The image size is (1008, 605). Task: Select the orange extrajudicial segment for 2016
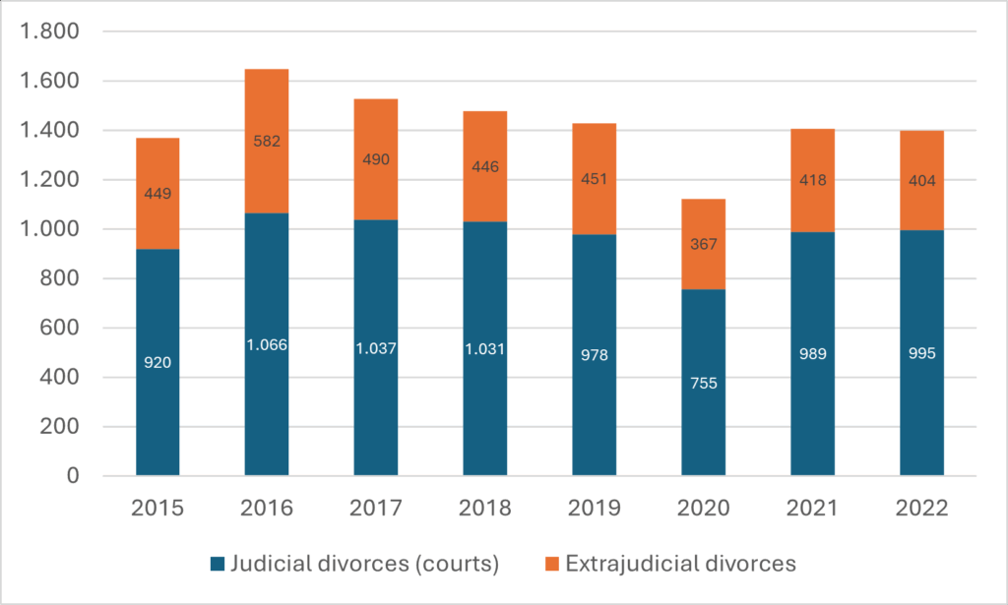tap(267, 108)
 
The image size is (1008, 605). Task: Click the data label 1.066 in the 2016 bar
tap(267, 344)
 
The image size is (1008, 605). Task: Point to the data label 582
tap(267, 141)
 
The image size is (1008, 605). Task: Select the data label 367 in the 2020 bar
tap(704, 246)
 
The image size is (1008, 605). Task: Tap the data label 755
tap(704, 383)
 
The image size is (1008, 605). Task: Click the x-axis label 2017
tap(376, 509)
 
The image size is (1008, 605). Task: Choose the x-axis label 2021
tap(813, 509)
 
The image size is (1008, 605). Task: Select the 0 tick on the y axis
tap(72, 477)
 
